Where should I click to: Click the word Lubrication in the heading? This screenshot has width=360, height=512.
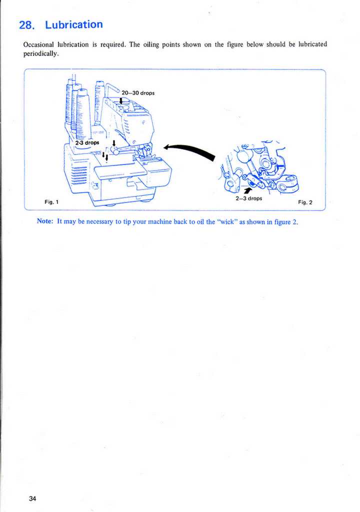click(x=74, y=24)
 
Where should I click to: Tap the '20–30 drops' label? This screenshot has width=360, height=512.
click(x=138, y=92)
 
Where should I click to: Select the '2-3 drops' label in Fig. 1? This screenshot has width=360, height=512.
click(x=87, y=142)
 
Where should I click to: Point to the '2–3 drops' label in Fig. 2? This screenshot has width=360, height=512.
click(x=248, y=198)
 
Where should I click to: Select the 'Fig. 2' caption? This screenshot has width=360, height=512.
click(x=305, y=202)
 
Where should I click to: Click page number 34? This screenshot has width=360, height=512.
click(x=33, y=498)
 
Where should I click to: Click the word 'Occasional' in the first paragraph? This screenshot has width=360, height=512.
click(x=39, y=44)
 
